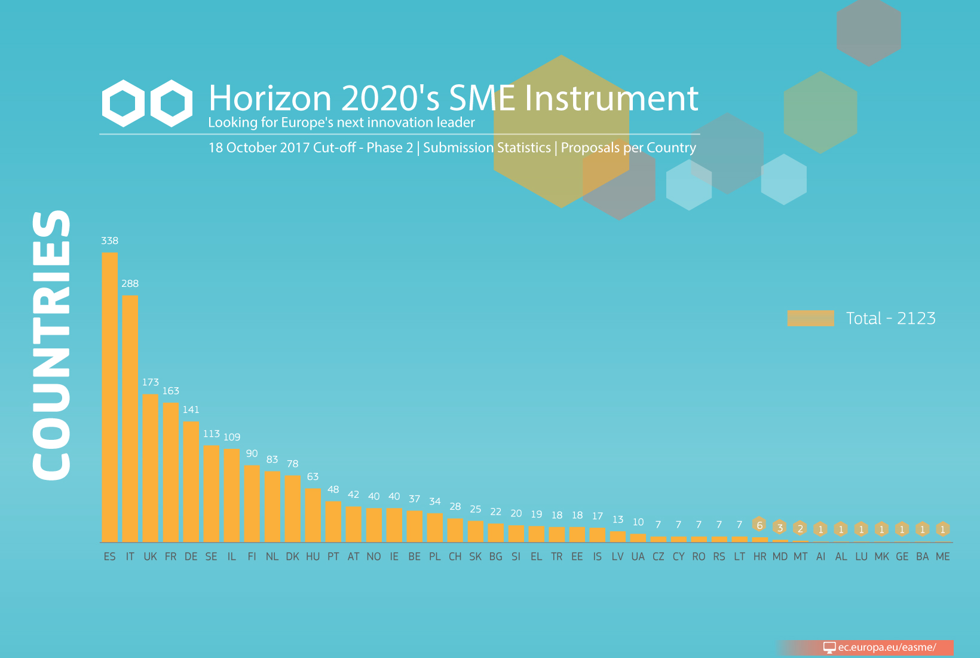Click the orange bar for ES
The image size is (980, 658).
click(x=110, y=397)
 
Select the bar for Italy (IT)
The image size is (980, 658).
click(x=130, y=419)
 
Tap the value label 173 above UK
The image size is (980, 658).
click(x=151, y=382)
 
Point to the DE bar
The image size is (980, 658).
click(x=191, y=482)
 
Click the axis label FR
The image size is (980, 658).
click(x=171, y=556)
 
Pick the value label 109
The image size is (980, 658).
click(x=232, y=437)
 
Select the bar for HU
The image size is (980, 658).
click(x=313, y=515)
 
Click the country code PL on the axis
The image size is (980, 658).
click(x=435, y=556)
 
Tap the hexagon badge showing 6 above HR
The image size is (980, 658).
click(x=759, y=525)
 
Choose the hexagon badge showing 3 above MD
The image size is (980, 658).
click(x=780, y=528)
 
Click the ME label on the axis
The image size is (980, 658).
click(x=943, y=556)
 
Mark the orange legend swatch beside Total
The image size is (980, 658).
click(x=811, y=318)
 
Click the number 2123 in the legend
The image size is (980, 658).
click(x=916, y=319)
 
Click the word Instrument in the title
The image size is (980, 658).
click(x=611, y=98)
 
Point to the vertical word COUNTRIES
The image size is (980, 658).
click(x=51, y=345)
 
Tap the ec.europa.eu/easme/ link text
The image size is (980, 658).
click(x=887, y=647)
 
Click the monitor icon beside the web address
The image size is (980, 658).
click(x=829, y=647)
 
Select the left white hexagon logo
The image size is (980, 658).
click(x=123, y=103)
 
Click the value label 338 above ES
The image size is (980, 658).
click(x=110, y=241)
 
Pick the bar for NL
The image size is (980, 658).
click(x=272, y=507)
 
